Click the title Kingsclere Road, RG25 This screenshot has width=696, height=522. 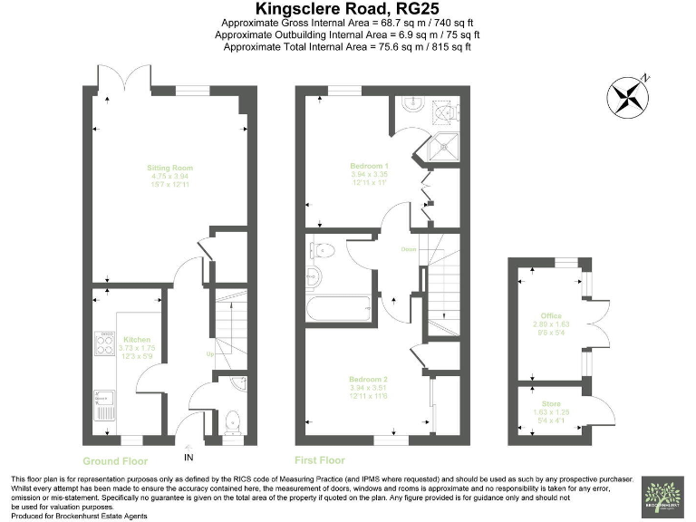click(x=349, y=9)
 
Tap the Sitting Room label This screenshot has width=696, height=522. click(x=170, y=168)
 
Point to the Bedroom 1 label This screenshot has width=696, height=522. click(x=369, y=167)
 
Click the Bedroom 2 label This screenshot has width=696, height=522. click(x=369, y=379)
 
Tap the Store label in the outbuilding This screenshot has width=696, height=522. click(x=551, y=403)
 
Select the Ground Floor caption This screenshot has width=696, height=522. click(x=114, y=460)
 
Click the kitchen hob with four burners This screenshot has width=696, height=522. click(x=103, y=343)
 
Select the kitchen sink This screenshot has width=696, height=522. click(x=102, y=399)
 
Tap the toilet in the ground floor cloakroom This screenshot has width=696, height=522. click(x=233, y=420)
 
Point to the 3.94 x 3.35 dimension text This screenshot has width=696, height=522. click(x=369, y=175)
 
